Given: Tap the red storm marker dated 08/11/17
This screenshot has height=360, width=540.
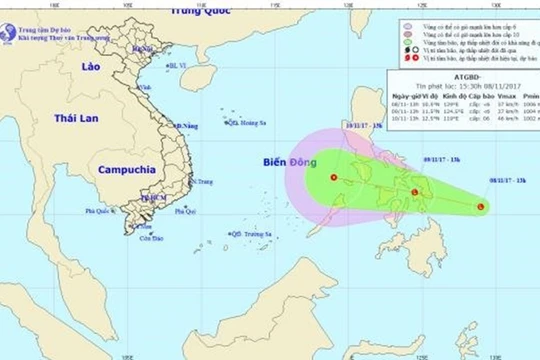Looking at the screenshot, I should coord(482,208).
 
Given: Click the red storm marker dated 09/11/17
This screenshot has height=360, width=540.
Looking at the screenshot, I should coord(415,191).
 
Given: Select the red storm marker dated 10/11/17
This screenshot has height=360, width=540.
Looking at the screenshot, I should coord(333,179).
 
